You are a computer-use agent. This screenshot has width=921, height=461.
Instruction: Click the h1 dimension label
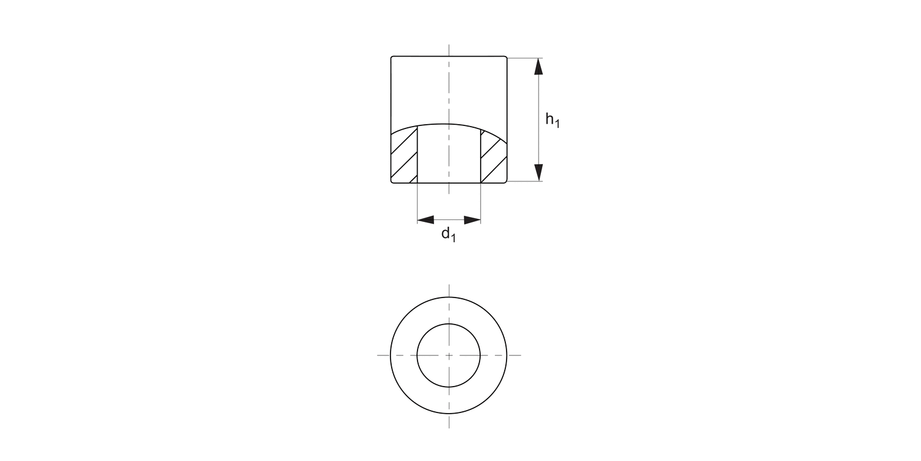553,120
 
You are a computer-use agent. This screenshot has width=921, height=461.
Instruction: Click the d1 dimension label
449,234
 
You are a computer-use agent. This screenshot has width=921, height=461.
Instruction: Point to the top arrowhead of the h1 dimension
538,66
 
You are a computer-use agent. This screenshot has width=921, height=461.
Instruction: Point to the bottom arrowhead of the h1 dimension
538,173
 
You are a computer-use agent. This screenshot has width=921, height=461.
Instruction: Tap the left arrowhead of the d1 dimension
425,219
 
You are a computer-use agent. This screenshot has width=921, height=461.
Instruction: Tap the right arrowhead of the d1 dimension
472,219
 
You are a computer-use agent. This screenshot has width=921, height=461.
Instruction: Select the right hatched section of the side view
494,159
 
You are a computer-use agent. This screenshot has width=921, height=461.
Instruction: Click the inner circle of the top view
449,344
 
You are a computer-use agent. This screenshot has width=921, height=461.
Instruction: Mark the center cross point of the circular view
449,355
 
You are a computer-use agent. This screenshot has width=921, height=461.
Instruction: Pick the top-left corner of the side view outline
392,57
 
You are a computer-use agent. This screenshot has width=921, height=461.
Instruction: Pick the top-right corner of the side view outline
507,57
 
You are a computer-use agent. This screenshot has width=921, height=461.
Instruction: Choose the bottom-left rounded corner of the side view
392,181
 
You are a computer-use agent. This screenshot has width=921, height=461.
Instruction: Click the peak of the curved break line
449,124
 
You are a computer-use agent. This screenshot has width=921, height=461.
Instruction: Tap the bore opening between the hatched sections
449,157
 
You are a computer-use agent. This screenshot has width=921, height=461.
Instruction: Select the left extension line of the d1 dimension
418,203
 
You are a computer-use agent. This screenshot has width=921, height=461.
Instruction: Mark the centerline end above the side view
449,47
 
